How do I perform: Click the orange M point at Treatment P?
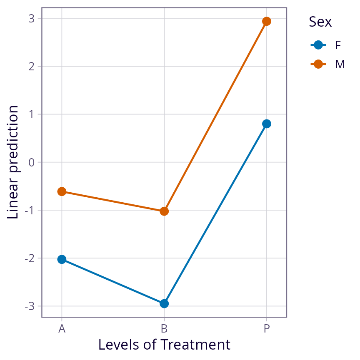[x=267, y=21]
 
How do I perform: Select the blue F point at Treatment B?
[x=164, y=303]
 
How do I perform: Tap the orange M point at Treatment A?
[x=62, y=191]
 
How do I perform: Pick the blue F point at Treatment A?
[x=62, y=259]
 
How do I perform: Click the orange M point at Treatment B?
[x=164, y=211]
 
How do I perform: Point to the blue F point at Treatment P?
[x=267, y=124]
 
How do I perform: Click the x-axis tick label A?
[x=62, y=329]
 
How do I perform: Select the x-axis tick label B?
[x=164, y=329]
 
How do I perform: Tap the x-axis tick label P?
[x=267, y=329]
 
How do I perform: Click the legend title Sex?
[x=320, y=22]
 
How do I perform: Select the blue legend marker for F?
[x=318, y=45]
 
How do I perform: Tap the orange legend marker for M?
[x=318, y=64]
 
